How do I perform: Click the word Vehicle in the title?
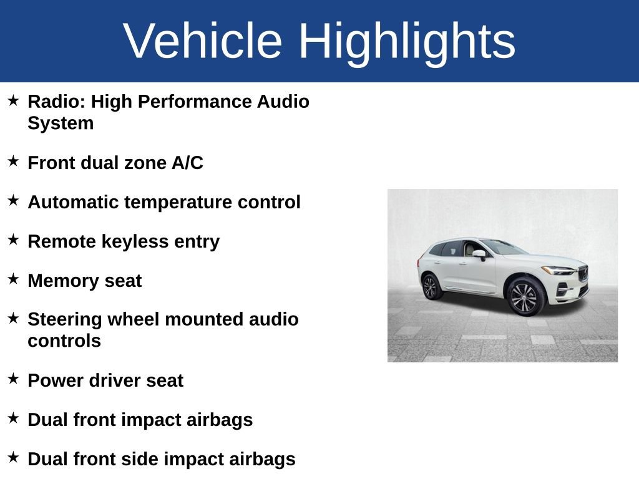point(203,41)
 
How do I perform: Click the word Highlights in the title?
point(407,41)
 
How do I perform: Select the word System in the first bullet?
point(61,123)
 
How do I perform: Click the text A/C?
point(187,163)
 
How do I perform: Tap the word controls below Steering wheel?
point(64,341)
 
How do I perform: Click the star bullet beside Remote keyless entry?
point(13,239)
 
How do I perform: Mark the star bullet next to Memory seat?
point(13,279)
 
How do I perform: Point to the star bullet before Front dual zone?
point(13,161)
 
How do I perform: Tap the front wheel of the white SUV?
point(524,297)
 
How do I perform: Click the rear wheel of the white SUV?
point(431,287)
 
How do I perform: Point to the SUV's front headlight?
point(557,270)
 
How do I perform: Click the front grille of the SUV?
point(583,273)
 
